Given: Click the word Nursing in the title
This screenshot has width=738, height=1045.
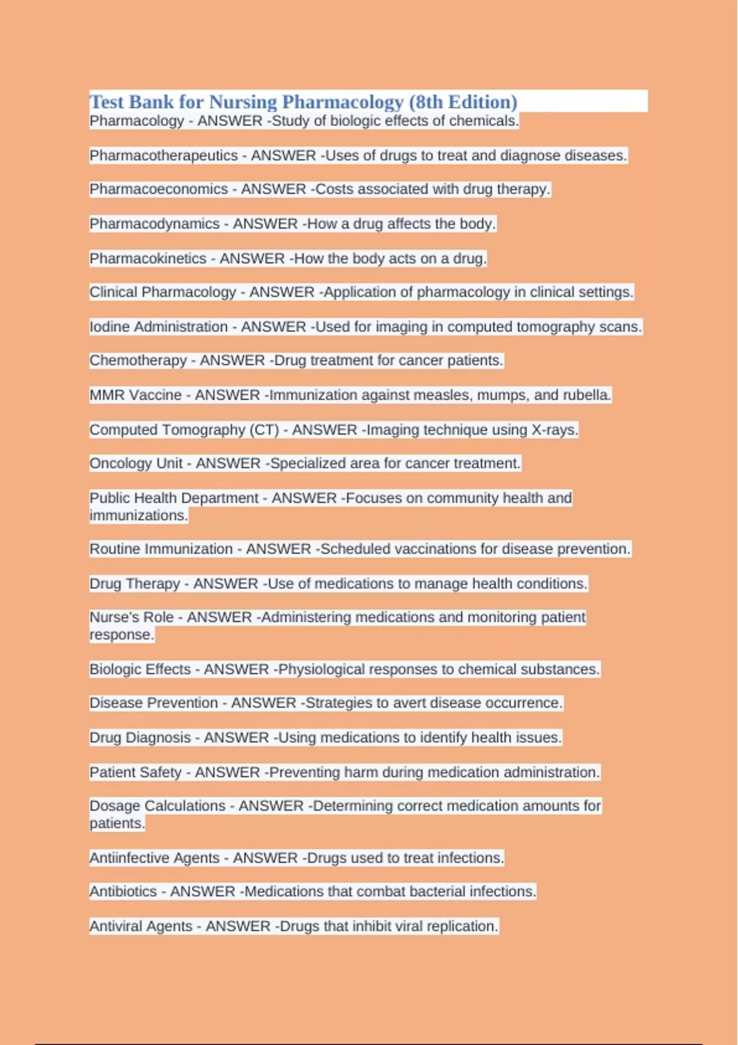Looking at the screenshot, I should click(243, 101).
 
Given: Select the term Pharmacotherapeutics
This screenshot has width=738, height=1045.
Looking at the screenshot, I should click(164, 156).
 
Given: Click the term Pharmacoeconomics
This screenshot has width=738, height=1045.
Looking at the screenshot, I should click(159, 189).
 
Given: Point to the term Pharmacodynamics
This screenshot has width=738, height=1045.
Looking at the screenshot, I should click(154, 224).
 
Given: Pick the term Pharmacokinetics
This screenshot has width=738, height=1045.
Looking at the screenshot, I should click(148, 258).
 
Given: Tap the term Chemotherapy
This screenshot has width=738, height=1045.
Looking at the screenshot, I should click(138, 360).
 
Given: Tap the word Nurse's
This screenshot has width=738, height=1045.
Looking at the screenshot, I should click(131, 617).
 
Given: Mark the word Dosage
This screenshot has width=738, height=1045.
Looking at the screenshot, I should click(114, 805).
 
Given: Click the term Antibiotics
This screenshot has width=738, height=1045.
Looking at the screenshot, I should click(123, 891).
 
